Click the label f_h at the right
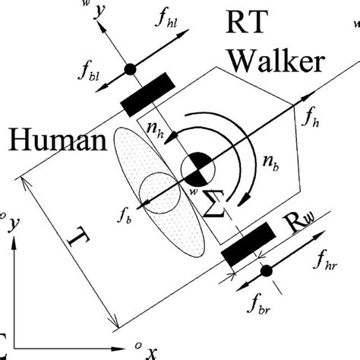[310, 118]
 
